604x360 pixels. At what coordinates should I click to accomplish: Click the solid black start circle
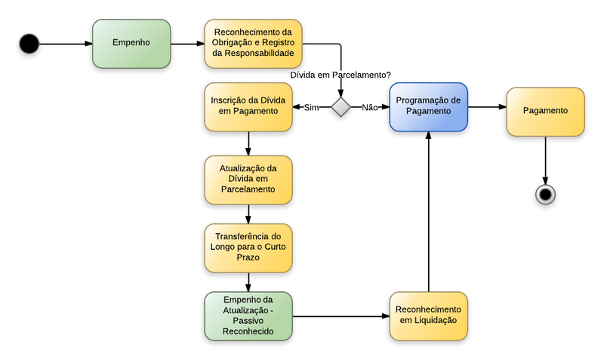point(29,44)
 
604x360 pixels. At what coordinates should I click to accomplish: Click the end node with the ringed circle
point(545,194)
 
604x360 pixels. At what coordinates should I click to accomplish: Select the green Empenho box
point(131,44)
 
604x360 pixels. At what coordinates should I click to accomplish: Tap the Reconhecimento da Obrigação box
point(254,44)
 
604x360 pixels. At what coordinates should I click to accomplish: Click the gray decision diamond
point(341,107)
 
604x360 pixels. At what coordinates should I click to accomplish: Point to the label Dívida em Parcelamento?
point(341,75)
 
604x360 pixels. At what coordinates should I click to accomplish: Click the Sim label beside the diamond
point(311,107)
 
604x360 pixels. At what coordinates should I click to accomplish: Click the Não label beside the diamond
point(369,107)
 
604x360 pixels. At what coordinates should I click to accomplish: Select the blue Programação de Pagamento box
point(428,107)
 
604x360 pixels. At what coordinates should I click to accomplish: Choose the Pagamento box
point(545,111)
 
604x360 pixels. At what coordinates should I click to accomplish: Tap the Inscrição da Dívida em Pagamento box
point(248,107)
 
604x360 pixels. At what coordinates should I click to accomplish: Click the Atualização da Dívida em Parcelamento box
point(248,179)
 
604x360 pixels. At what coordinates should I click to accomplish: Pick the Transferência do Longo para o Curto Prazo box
point(248,248)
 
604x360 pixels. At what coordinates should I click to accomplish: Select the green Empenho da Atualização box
point(248,316)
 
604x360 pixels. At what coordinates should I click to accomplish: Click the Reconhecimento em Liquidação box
point(428,316)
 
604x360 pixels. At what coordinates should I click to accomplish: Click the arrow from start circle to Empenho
point(66,44)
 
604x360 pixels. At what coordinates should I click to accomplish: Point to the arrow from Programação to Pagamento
point(486,107)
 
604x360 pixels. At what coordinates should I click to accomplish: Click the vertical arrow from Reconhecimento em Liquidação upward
point(428,211)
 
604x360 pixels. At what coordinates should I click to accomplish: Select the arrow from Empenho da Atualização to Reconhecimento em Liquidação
point(341,316)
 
